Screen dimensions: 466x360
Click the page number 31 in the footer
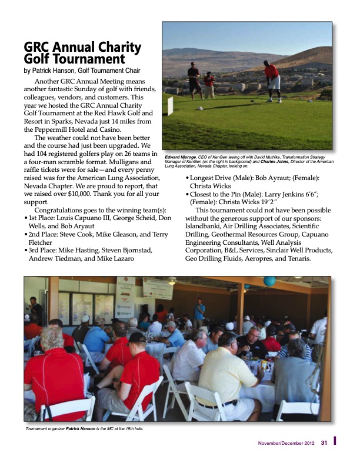[x=324, y=443]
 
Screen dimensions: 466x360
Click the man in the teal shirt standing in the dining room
[x=200, y=311]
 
